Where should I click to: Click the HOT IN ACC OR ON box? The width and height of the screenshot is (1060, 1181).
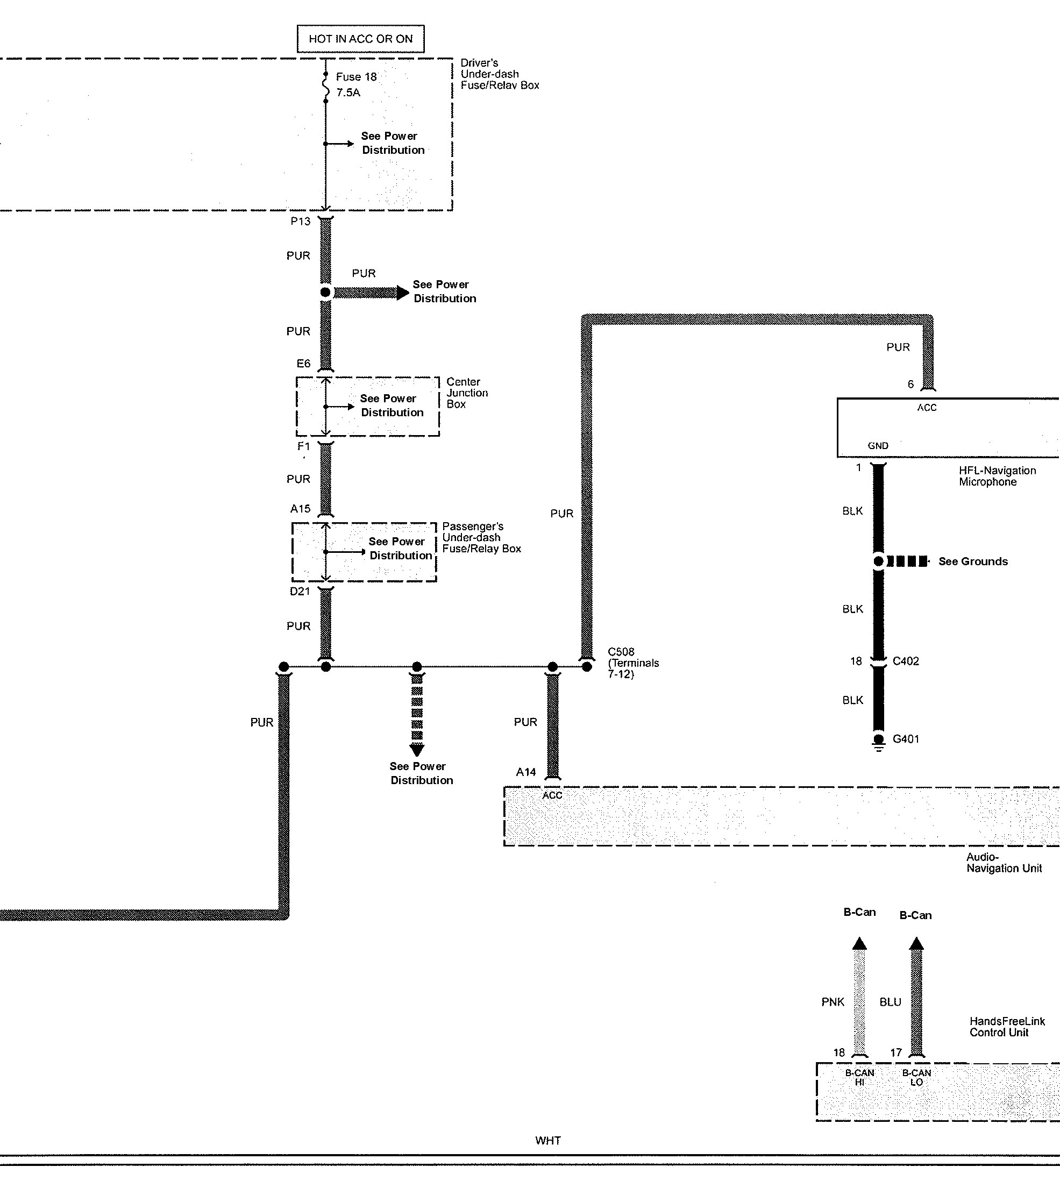360,39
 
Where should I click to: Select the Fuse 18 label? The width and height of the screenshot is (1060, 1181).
356,77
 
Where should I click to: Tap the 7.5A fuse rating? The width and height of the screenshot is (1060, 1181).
348,93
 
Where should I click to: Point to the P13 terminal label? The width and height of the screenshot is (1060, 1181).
301,221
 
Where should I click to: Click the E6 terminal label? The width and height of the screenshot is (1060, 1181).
303,364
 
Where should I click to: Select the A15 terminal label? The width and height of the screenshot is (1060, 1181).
301,509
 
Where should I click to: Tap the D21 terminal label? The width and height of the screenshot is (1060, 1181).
300,592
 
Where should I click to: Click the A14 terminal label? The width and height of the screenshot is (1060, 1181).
526,772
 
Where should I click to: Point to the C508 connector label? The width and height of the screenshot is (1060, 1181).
621,652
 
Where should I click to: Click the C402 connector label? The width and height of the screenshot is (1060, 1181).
906,661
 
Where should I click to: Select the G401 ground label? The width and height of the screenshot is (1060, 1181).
906,739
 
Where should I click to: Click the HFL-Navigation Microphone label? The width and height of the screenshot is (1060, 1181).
997,476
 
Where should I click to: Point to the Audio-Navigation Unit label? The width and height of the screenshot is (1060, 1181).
1004,863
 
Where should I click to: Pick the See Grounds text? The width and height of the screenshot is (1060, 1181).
973,562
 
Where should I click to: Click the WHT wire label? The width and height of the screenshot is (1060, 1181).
548,1141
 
